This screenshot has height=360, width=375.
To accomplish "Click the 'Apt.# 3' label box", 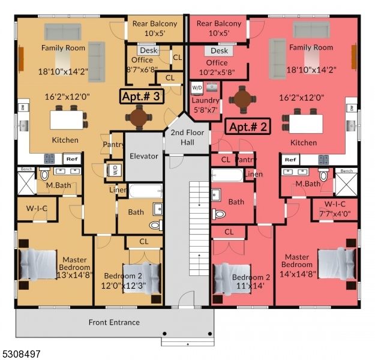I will (x=141, y=96).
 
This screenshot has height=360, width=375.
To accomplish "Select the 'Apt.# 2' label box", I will (x=248, y=127).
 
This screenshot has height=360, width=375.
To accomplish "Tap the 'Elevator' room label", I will (x=144, y=157).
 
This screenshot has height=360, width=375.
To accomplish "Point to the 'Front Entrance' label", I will (x=114, y=322).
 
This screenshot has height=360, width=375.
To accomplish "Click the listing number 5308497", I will (x=21, y=354).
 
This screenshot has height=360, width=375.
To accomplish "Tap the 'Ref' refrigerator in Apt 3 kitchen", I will (x=71, y=159).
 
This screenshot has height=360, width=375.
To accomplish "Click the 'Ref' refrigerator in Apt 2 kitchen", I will (x=290, y=160).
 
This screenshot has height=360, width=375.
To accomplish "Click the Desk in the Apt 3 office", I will (x=148, y=51).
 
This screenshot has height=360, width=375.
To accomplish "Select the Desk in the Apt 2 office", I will (x=220, y=52).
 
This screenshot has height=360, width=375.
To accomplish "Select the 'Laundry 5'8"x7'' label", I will (x=206, y=105).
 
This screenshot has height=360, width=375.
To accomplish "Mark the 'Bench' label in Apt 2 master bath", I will (x=347, y=171).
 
